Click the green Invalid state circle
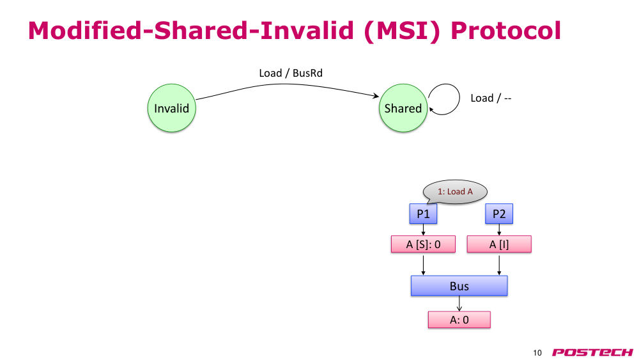(171, 108)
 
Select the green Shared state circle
(403, 108)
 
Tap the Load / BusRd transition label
(291, 73)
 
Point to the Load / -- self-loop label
(491, 98)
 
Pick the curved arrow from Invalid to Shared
(285, 84)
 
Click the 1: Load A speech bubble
(455, 192)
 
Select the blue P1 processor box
(423, 214)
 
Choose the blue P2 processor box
(499, 214)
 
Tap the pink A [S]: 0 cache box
(423, 244)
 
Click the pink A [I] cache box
(499, 244)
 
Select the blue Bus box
(459, 286)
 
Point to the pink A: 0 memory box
(459, 320)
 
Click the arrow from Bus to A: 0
(459, 304)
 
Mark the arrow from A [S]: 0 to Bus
(423, 265)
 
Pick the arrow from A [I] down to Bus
(499, 265)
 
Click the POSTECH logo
(592, 352)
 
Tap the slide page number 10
(537, 353)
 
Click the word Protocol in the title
(505, 31)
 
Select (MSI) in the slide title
(402, 31)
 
